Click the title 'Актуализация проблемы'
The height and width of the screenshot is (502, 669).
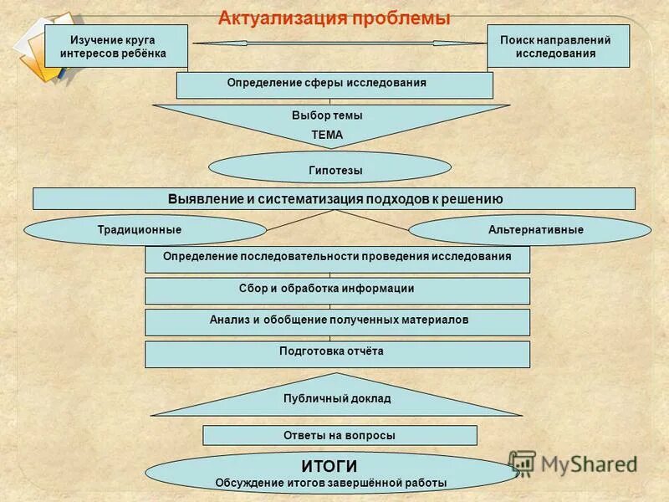pos(334,17)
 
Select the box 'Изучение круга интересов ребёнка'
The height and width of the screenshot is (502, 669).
pos(115,46)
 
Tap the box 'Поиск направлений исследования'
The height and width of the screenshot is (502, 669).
pos(558,46)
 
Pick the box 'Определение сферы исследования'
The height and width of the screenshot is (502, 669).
pos(334,85)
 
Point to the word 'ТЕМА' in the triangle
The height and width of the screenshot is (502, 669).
pos(327,134)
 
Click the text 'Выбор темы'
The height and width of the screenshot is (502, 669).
pos(327,116)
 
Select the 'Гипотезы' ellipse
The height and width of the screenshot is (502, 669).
pos(329,168)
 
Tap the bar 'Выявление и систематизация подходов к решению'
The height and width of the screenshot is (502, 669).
pos(334,198)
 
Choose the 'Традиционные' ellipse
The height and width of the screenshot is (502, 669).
pos(146,230)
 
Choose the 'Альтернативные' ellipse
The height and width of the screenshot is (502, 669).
pos(529,230)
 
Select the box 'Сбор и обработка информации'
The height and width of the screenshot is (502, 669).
pos(337,290)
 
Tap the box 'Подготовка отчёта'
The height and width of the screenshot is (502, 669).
pos(337,353)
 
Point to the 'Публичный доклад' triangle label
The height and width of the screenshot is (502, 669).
pos(336,399)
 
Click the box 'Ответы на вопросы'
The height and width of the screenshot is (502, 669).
pos(340,435)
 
